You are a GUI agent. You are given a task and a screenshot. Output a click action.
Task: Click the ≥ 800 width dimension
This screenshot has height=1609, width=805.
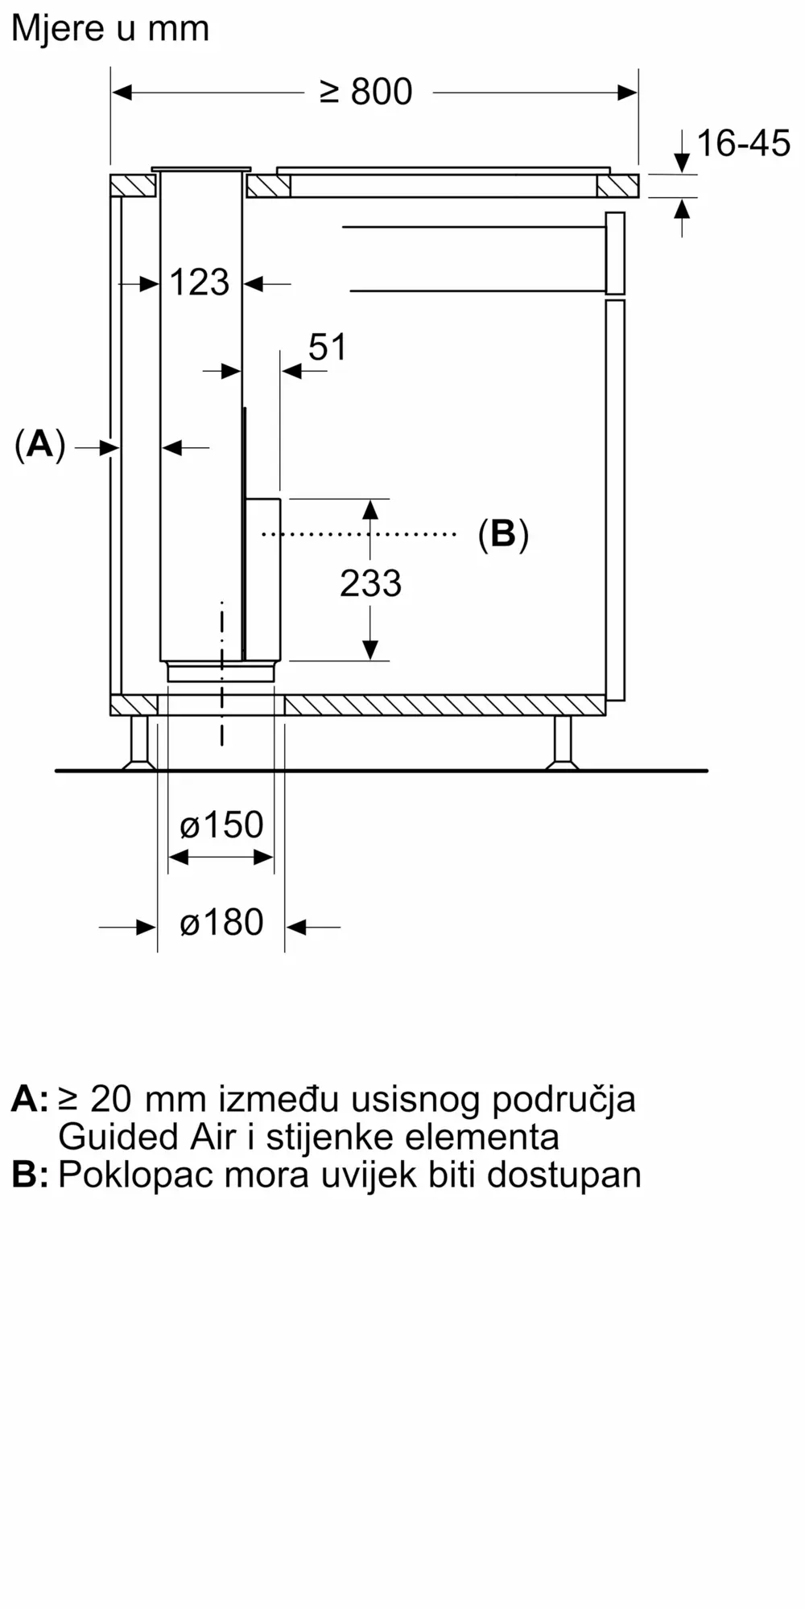[x=366, y=92]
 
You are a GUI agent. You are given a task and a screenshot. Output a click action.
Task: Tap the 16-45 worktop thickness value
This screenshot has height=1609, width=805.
[x=743, y=143]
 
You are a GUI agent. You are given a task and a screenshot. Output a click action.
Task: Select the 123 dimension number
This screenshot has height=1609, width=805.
[x=200, y=282]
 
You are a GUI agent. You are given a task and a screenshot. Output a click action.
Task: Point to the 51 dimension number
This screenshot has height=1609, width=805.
[x=328, y=347]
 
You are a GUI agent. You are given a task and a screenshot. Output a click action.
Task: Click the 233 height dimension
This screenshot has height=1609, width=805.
[x=370, y=583]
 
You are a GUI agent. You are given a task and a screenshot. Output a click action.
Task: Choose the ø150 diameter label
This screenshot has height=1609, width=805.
[x=221, y=825]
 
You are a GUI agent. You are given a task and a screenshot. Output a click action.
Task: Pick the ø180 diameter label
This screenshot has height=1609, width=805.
[x=221, y=922]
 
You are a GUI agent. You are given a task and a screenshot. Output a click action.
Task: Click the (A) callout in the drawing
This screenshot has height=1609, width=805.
[x=39, y=444]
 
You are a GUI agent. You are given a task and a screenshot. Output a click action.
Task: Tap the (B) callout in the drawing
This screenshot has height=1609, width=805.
[x=503, y=533]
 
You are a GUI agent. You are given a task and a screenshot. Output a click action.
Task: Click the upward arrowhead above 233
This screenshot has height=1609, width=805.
[x=370, y=509]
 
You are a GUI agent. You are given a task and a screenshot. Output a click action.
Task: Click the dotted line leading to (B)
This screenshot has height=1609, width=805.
[x=359, y=533]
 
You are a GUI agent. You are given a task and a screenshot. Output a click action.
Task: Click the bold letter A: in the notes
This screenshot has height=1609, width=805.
[x=30, y=1099]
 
